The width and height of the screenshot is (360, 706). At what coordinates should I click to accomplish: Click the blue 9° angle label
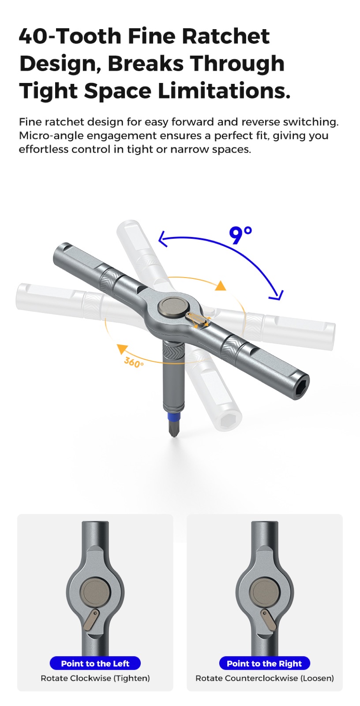click(240, 235)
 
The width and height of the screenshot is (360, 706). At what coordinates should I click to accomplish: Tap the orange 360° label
click(134, 362)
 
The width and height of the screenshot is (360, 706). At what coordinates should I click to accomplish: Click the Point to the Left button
click(95, 664)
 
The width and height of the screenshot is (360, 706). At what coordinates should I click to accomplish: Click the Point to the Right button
click(264, 664)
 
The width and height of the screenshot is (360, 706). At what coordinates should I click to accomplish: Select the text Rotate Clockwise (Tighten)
click(95, 678)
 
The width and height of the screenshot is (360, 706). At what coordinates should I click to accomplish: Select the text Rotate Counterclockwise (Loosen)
click(264, 678)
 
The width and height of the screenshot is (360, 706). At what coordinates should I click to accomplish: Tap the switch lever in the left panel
click(91, 619)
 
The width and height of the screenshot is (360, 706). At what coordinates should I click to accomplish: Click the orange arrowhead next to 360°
click(121, 349)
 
